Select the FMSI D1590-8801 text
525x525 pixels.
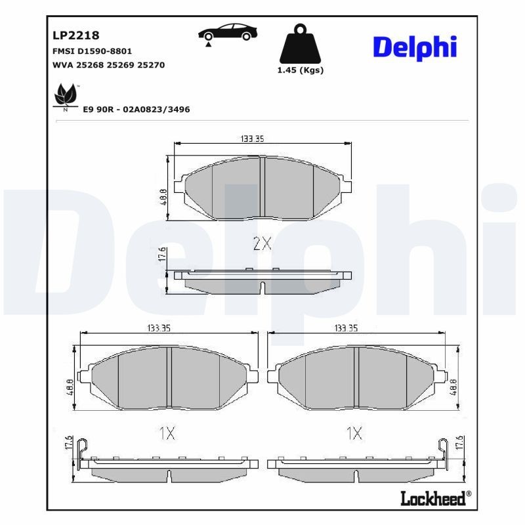92,51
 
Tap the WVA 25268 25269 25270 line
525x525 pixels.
108,65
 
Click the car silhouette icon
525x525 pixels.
228,33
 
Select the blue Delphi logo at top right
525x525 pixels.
415,47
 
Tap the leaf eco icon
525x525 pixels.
65,96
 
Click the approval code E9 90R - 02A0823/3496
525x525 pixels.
136,110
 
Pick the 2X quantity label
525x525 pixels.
262,244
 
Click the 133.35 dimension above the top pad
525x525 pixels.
252,138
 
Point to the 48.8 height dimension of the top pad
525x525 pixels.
163,197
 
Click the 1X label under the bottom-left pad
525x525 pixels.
167,432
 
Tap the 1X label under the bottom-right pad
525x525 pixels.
354,432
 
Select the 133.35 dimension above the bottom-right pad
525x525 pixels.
346,328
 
